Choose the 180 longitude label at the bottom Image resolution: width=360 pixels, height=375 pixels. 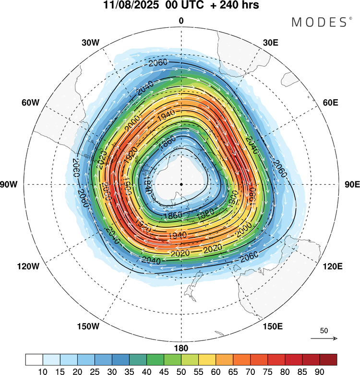(181, 348)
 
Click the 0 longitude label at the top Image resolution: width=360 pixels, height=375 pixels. (181, 21)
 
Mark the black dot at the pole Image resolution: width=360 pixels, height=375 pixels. (181, 184)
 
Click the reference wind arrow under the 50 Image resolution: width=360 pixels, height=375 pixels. (324, 339)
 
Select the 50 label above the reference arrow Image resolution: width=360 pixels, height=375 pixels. (324, 330)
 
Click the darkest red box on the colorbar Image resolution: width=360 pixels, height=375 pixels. (328, 359)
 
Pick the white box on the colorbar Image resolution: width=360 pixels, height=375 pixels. (34, 359)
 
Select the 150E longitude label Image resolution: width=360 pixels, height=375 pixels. (272, 327)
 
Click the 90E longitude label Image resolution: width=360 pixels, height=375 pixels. (352, 185)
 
